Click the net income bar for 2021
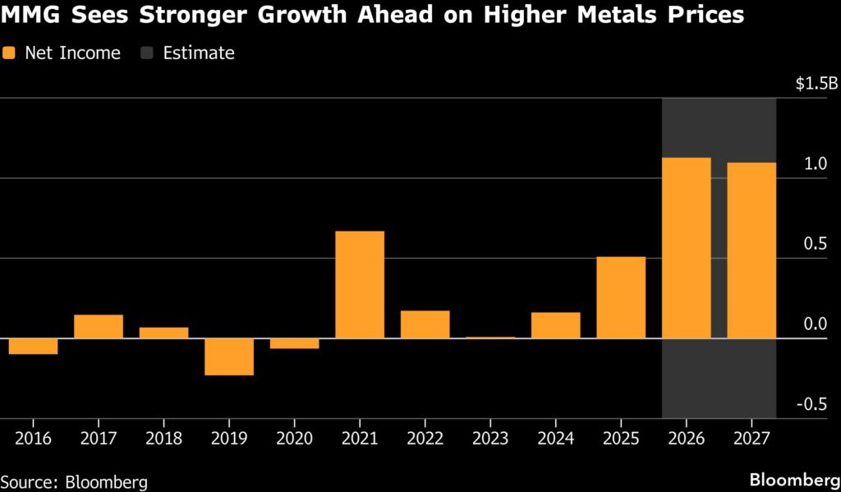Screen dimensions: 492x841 [360, 284]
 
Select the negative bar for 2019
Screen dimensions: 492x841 [229, 356]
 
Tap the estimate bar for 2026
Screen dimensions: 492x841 [686, 247]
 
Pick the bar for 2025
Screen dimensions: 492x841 [621, 297]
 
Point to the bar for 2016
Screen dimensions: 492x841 [33, 346]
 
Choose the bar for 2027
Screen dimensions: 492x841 [751, 250]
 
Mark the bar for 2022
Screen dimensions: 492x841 [425, 324]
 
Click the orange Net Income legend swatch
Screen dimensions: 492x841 [9, 53]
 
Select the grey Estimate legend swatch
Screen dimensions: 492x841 [146, 53]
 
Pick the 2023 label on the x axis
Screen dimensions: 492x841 [490, 438]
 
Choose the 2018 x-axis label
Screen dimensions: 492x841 [163, 438]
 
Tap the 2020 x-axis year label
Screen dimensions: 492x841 [294, 438]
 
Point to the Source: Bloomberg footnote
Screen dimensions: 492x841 [74, 481]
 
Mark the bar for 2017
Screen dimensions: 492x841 [99, 326]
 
